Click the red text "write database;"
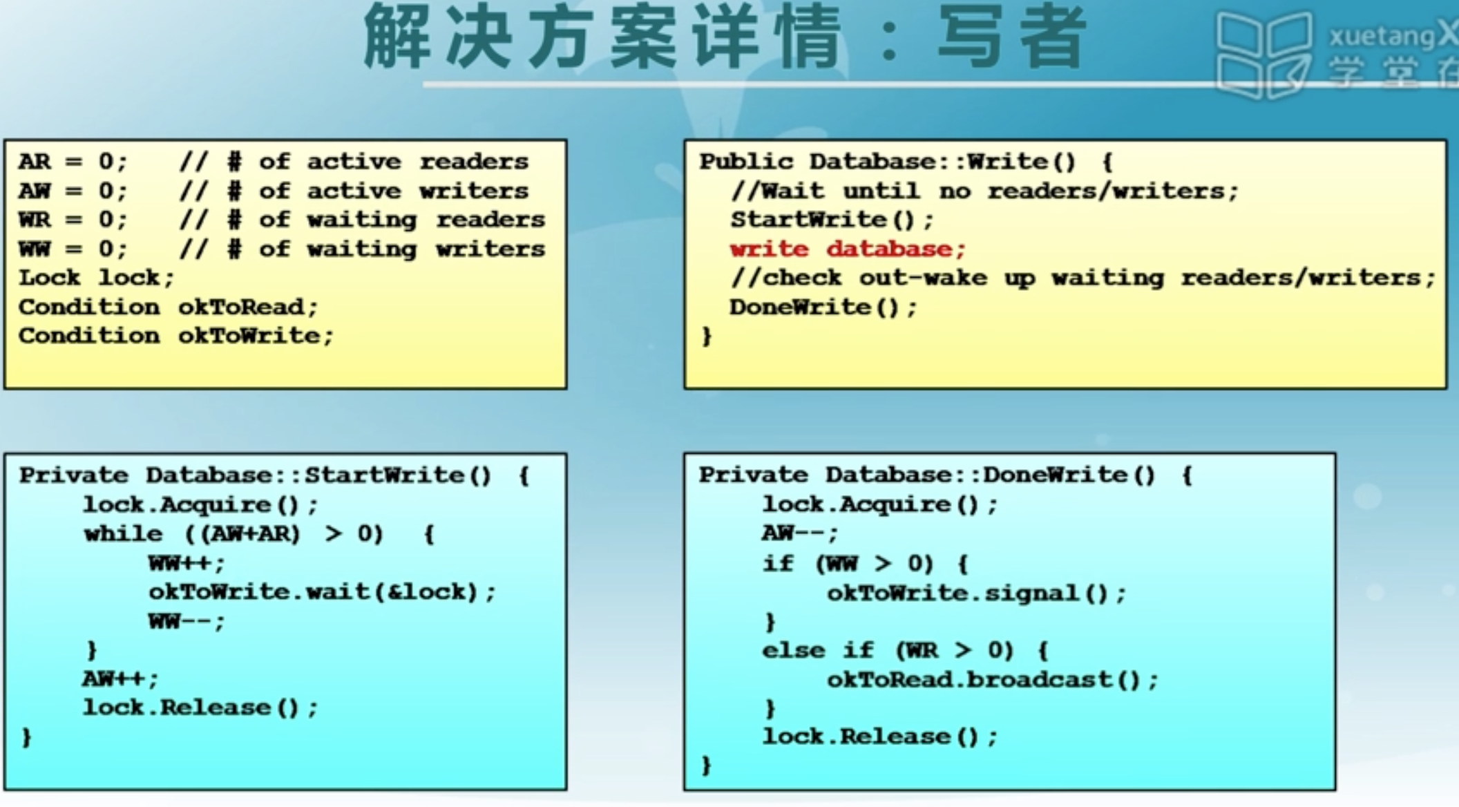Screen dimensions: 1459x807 (847, 249)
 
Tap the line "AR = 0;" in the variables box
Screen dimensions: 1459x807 (73, 162)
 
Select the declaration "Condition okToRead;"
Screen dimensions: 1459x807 (168, 307)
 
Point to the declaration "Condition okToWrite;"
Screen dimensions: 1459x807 (175, 336)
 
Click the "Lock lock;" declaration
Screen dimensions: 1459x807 (96, 278)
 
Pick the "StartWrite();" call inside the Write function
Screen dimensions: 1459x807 (832, 220)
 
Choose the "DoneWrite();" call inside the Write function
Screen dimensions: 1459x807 (823, 307)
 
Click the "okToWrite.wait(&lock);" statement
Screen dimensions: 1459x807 (322, 592)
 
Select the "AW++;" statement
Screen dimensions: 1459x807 (120, 678)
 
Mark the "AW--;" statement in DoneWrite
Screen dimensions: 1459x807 (800, 533)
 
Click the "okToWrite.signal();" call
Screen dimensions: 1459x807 (976, 593)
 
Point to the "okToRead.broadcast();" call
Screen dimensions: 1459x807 (992, 680)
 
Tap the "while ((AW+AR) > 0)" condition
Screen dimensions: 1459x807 (233, 534)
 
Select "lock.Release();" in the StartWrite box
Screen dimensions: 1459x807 (200, 708)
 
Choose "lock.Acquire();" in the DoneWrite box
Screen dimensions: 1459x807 (879, 504)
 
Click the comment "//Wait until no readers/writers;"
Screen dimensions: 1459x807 (984, 191)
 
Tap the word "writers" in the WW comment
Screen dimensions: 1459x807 (490, 249)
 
